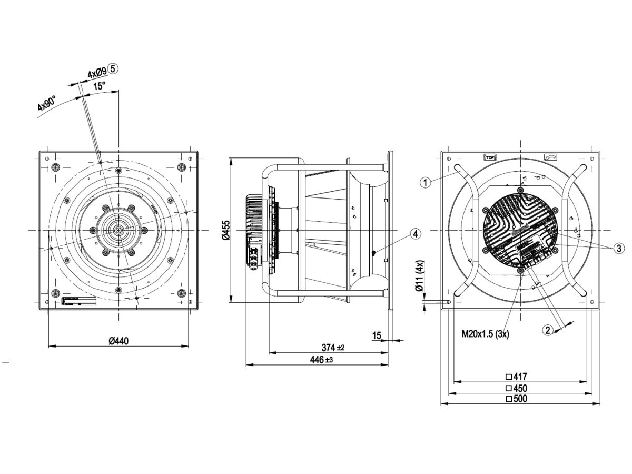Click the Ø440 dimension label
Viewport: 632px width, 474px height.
118,341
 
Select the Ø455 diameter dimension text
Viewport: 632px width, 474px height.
225,230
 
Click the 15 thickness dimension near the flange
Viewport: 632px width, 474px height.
376,335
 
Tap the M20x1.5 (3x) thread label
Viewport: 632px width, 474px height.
485,333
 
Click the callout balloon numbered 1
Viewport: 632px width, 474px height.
426,183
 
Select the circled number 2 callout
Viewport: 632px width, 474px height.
548,330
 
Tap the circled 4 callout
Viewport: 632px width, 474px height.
416,234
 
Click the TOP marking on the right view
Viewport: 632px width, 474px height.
490,157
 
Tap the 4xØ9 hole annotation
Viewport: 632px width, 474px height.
97,71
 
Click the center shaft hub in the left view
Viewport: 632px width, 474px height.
118,230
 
